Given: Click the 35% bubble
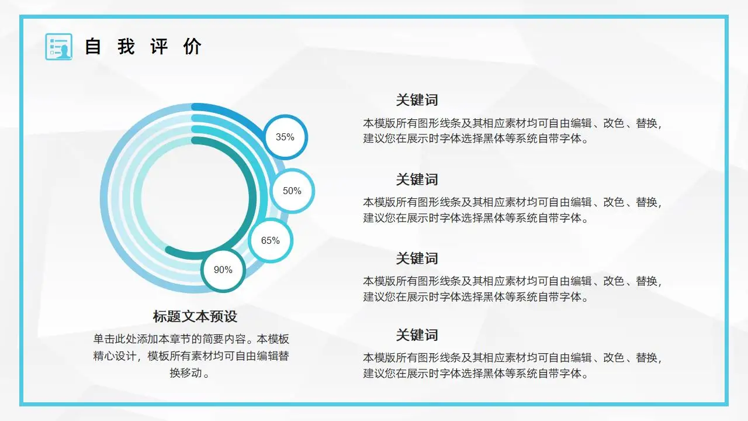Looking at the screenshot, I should (285, 137).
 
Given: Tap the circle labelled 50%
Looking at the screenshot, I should (292, 191).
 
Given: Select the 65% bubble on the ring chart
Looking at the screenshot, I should (271, 240).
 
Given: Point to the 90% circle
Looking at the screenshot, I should (223, 270).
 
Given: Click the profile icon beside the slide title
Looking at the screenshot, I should (58, 47).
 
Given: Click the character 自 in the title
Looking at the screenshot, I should (93, 47).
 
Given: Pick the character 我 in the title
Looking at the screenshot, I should (126, 47).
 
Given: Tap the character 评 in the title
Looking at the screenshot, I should (159, 47).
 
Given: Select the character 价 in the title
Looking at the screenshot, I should (192, 47).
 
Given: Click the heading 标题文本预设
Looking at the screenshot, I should (195, 316).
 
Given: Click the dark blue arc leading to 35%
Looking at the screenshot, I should (234, 113).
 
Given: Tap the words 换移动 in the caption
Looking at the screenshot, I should (186, 373).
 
